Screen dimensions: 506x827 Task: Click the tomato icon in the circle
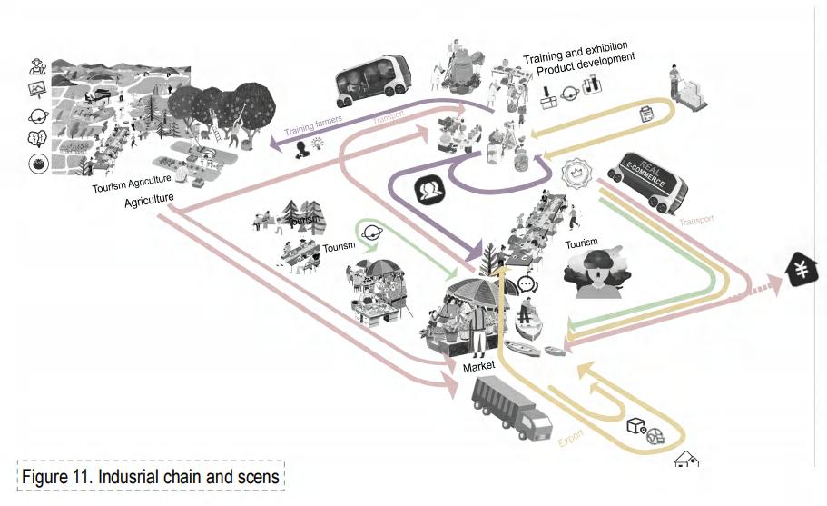[39, 165]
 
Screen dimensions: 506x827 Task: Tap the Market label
[479, 367]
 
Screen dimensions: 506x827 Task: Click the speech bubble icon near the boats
[527, 284]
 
